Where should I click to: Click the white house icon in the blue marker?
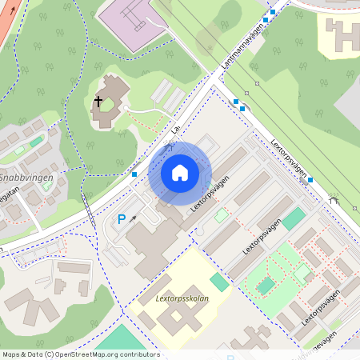(180, 172)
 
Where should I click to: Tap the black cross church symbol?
(99, 102)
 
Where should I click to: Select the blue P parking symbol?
(122, 218)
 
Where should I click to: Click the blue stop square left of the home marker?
(134, 174)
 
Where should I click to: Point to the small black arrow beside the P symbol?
(134, 217)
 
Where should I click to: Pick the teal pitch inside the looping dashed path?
(266, 286)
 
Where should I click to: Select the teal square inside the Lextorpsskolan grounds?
(219, 282)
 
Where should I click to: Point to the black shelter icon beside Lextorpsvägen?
(334, 200)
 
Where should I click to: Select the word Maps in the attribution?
(11, 354)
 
